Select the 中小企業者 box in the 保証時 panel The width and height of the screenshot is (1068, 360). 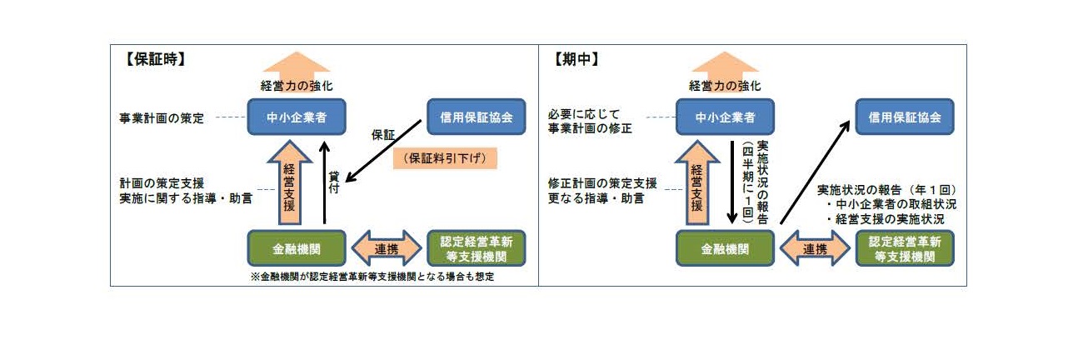click(297, 117)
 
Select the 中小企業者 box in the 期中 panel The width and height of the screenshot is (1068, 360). click(725, 117)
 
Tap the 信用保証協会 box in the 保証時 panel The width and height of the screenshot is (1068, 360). click(477, 117)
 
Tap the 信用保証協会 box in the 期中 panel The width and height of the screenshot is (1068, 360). click(904, 117)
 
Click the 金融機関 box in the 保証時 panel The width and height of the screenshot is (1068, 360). click(297, 248)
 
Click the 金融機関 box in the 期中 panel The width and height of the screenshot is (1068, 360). click(725, 248)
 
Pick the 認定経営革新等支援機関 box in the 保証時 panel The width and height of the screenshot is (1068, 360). click(477, 248)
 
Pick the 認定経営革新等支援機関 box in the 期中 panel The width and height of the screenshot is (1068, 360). click(904, 248)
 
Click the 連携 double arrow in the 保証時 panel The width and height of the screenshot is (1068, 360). click(387, 248)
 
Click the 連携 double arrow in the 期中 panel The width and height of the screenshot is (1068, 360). click(815, 248)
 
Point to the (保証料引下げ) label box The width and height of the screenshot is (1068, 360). click(445, 158)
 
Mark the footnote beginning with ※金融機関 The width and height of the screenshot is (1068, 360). click(372, 277)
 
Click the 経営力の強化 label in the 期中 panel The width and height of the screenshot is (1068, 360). click(724, 85)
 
